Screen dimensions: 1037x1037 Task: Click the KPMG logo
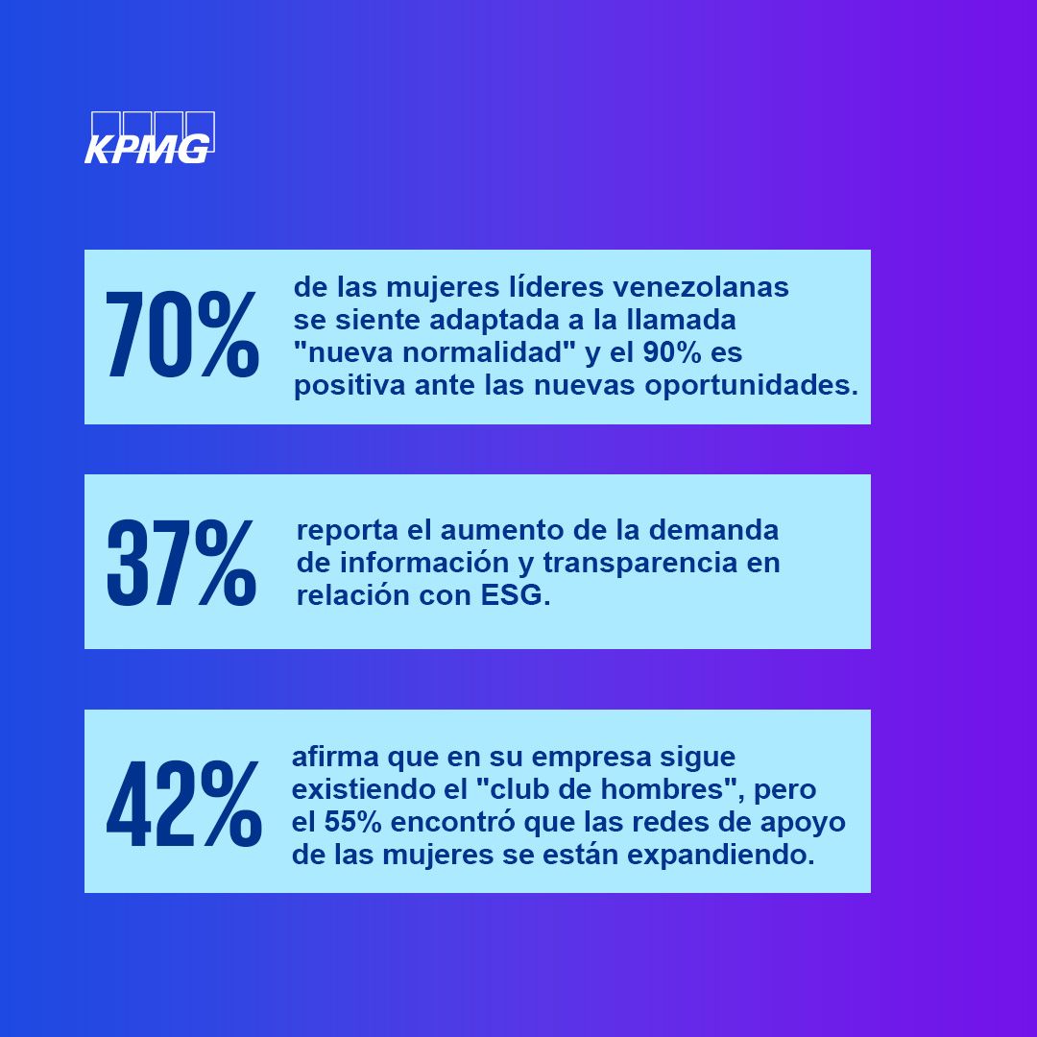[149, 138]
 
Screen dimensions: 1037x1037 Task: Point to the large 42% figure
[183, 805]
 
